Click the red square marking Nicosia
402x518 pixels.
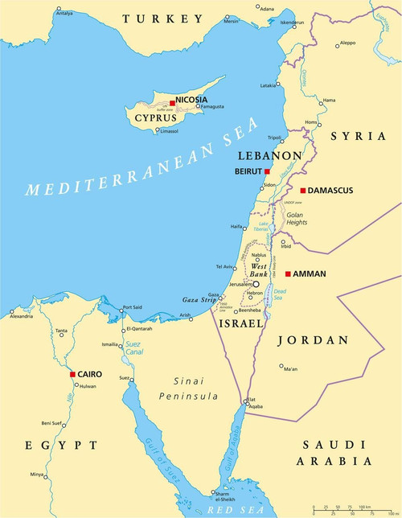click(171, 102)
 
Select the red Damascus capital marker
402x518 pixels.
click(302, 191)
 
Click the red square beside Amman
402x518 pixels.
click(288, 273)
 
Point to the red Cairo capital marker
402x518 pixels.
click(72, 374)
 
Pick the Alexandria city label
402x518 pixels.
click(21, 317)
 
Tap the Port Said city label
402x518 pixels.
click(133, 308)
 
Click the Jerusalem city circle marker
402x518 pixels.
click(256, 284)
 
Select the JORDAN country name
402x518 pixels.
click(313, 340)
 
